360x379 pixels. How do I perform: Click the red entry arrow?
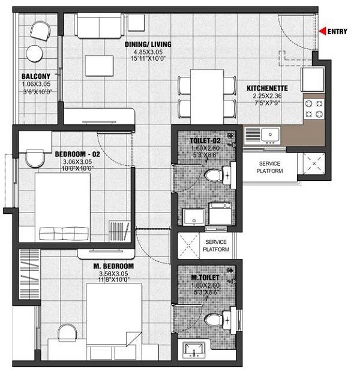pos(323,31)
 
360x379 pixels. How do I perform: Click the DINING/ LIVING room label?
pos(148,44)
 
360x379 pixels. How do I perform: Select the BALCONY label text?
pos(31,77)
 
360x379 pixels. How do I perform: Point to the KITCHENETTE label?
pos(268,88)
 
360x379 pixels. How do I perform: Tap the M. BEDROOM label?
pos(113,265)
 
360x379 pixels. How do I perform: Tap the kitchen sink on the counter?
pos(265,133)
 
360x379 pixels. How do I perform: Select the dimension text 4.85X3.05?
pos(148,52)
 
